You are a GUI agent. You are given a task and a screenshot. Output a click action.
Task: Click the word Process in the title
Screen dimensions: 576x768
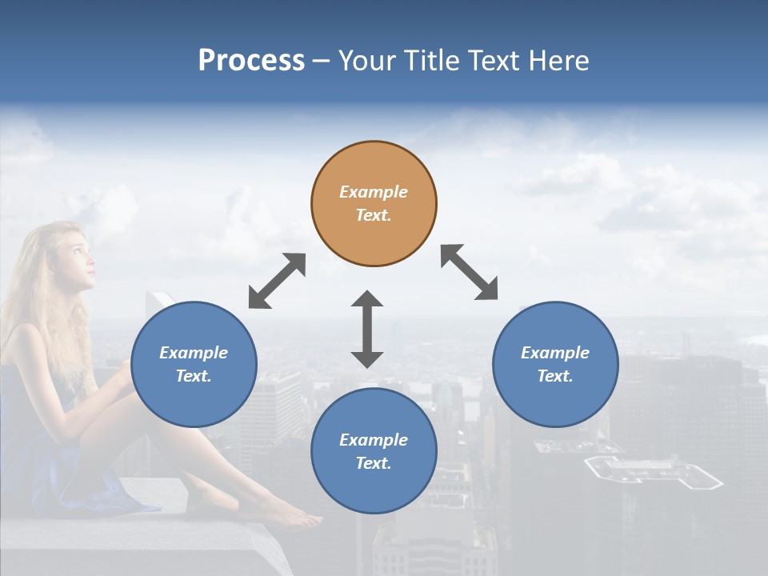click(251, 61)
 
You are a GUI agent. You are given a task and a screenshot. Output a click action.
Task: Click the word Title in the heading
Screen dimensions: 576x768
click(431, 61)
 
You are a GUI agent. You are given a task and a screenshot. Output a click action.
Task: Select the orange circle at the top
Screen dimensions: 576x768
click(374, 203)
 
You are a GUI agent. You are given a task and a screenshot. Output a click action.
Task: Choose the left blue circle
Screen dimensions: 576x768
click(194, 364)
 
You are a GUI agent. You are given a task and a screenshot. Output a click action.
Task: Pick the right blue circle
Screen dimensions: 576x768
click(555, 364)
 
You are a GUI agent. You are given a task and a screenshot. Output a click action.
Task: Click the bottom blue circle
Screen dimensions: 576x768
click(374, 451)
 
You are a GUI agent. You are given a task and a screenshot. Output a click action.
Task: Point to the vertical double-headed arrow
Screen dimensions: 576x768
click(367, 329)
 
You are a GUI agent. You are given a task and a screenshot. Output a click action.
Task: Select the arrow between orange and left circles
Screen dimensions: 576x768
click(277, 281)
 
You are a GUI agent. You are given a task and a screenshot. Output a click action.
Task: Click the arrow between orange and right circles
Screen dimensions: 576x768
click(470, 272)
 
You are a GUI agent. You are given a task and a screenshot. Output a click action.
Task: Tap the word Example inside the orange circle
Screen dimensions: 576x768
click(374, 192)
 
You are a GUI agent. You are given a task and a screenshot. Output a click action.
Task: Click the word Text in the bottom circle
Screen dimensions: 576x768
click(371, 463)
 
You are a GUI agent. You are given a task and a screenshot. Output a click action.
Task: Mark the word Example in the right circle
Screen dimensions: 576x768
click(555, 353)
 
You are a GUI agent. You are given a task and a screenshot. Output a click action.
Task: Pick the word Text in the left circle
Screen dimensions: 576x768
click(192, 376)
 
